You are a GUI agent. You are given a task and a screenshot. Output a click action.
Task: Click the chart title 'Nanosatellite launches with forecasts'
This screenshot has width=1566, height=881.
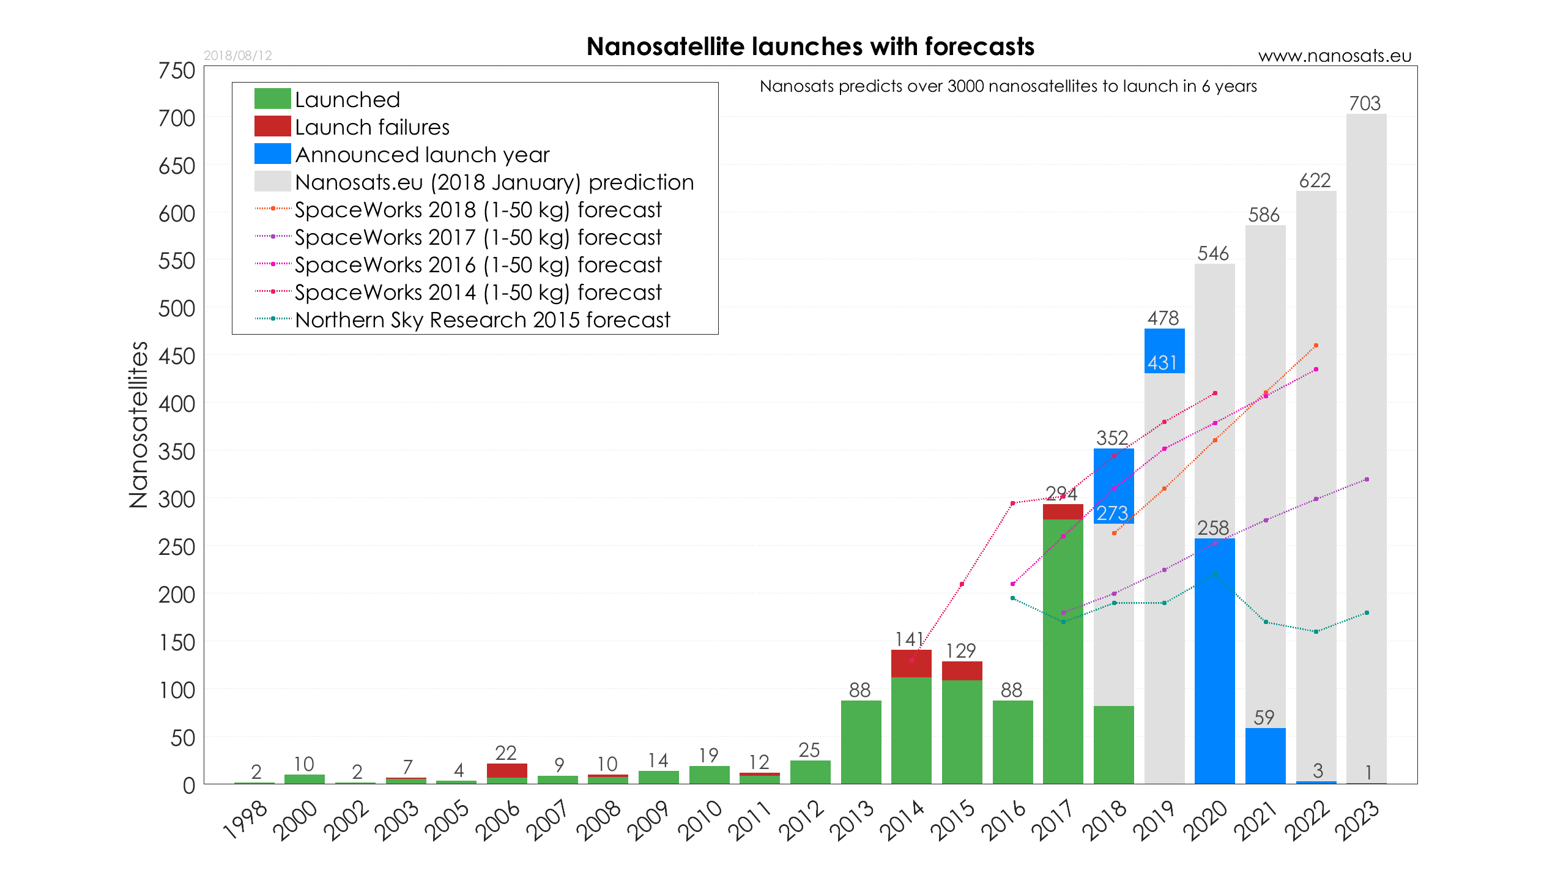[x=810, y=47]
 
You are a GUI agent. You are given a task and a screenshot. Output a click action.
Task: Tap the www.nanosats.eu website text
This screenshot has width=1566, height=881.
[x=1334, y=56]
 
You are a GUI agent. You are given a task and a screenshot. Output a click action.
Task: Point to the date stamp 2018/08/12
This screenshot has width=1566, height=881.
[x=238, y=56]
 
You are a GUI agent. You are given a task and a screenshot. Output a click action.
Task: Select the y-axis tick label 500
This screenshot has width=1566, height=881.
[x=177, y=309]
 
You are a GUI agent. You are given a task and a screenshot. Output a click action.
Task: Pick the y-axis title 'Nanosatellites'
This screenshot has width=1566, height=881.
[x=139, y=425]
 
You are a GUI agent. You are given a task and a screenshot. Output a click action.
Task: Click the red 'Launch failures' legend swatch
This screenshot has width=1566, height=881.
[x=272, y=127]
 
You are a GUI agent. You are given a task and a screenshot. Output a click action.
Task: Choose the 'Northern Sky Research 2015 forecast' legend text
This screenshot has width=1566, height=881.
[x=482, y=320]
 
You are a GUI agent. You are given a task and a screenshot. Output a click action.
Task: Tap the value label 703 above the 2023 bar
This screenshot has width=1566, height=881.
[x=1365, y=103]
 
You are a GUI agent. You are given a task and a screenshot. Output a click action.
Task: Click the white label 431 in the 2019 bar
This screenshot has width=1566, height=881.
[x=1162, y=363]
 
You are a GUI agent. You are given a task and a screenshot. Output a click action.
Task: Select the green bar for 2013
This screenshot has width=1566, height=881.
[x=861, y=742]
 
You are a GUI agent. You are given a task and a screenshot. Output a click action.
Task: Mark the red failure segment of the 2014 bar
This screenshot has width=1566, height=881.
[x=911, y=663]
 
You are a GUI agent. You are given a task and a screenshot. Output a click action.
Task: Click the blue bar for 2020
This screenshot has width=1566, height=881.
[x=1214, y=661]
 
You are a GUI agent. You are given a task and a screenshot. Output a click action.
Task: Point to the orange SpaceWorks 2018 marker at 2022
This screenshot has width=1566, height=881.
[x=1316, y=346]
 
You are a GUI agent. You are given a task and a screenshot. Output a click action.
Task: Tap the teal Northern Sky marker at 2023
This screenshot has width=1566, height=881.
[x=1367, y=613]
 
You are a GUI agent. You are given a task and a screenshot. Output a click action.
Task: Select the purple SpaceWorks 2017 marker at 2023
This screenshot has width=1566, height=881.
[x=1367, y=480]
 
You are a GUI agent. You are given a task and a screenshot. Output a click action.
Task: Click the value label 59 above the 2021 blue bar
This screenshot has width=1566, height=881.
[x=1264, y=717]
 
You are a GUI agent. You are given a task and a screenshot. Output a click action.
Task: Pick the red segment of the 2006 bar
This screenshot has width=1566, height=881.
[x=507, y=770]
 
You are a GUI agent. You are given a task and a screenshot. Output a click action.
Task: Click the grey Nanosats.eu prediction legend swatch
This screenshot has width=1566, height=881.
[x=272, y=182]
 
